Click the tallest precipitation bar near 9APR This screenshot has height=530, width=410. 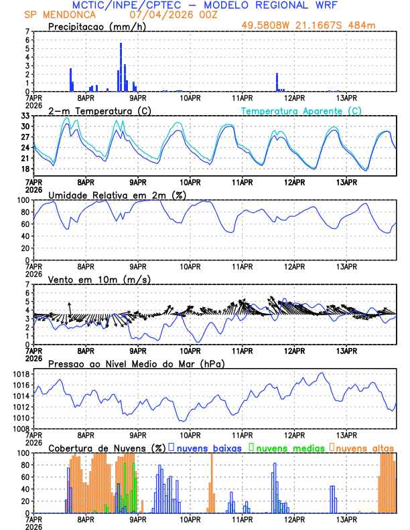click(x=121, y=67)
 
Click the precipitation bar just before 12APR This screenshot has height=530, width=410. click(x=277, y=82)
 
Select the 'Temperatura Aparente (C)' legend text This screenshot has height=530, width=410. click(x=301, y=110)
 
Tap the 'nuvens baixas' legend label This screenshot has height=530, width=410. click(x=208, y=447)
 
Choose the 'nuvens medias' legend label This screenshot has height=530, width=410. click(x=289, y=447)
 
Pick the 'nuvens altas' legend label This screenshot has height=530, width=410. click(x=365, y=447)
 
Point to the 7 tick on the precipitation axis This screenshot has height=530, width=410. click(x=27, y=31)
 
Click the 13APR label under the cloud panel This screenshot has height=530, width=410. click(x=346, y=519)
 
